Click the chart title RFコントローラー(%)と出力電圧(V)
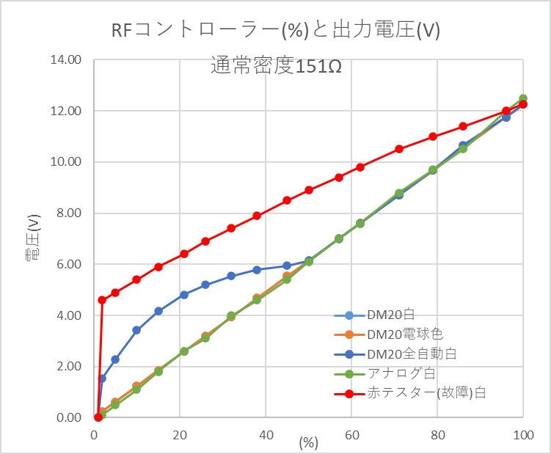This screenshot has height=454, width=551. coord(275,31)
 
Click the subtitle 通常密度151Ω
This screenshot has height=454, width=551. coord(276,66)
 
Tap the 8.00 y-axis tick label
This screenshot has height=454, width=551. coord(67,213)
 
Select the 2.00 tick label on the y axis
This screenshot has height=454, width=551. coord(67,366)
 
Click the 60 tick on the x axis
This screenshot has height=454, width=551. coord(351,434)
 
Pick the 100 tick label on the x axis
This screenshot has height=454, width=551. coord(522,434)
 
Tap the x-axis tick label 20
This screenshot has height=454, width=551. coord(180,434)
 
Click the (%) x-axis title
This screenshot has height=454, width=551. coord(309,442)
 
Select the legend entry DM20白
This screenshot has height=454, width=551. coord(391,316)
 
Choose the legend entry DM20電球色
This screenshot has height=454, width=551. coord(404,335)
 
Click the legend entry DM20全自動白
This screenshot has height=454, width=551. coord(411,354)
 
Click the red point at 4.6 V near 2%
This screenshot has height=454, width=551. coord(102,300)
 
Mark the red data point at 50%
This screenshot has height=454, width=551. coord(309,190)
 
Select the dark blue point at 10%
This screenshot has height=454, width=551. coord(136,330)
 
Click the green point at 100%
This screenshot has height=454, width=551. coord(523,98)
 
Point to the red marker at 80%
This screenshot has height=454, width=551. coord(433,136)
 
